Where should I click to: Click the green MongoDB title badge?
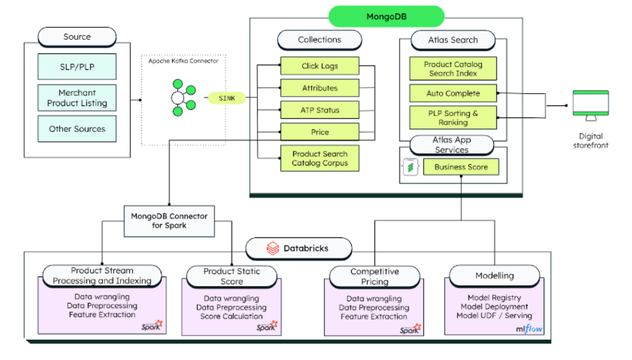click(x=386, y=17)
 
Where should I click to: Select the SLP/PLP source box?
click(x=77, y=67)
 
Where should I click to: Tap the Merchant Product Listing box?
click(x=77, y=98)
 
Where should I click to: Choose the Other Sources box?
click(x=77, y=129)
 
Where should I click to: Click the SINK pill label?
click(x=227, y=98)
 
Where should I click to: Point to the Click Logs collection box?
click(x=320, y=66)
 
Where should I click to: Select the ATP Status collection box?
click(x=320, y=110)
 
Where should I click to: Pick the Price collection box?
click(x=320, y=132)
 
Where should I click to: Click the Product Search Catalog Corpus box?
click(x=320, y=158)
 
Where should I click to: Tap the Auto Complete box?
click(x=453, y=94)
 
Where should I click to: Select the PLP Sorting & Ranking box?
click(x=453, y=117)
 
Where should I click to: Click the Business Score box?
click(x=461, y=167)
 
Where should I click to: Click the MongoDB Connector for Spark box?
click(x=169, y=221)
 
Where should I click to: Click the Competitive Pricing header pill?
click(x=374, y=277)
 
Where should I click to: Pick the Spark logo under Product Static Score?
click(x=267, y=326)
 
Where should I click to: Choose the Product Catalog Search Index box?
click(x=453, y=69)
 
